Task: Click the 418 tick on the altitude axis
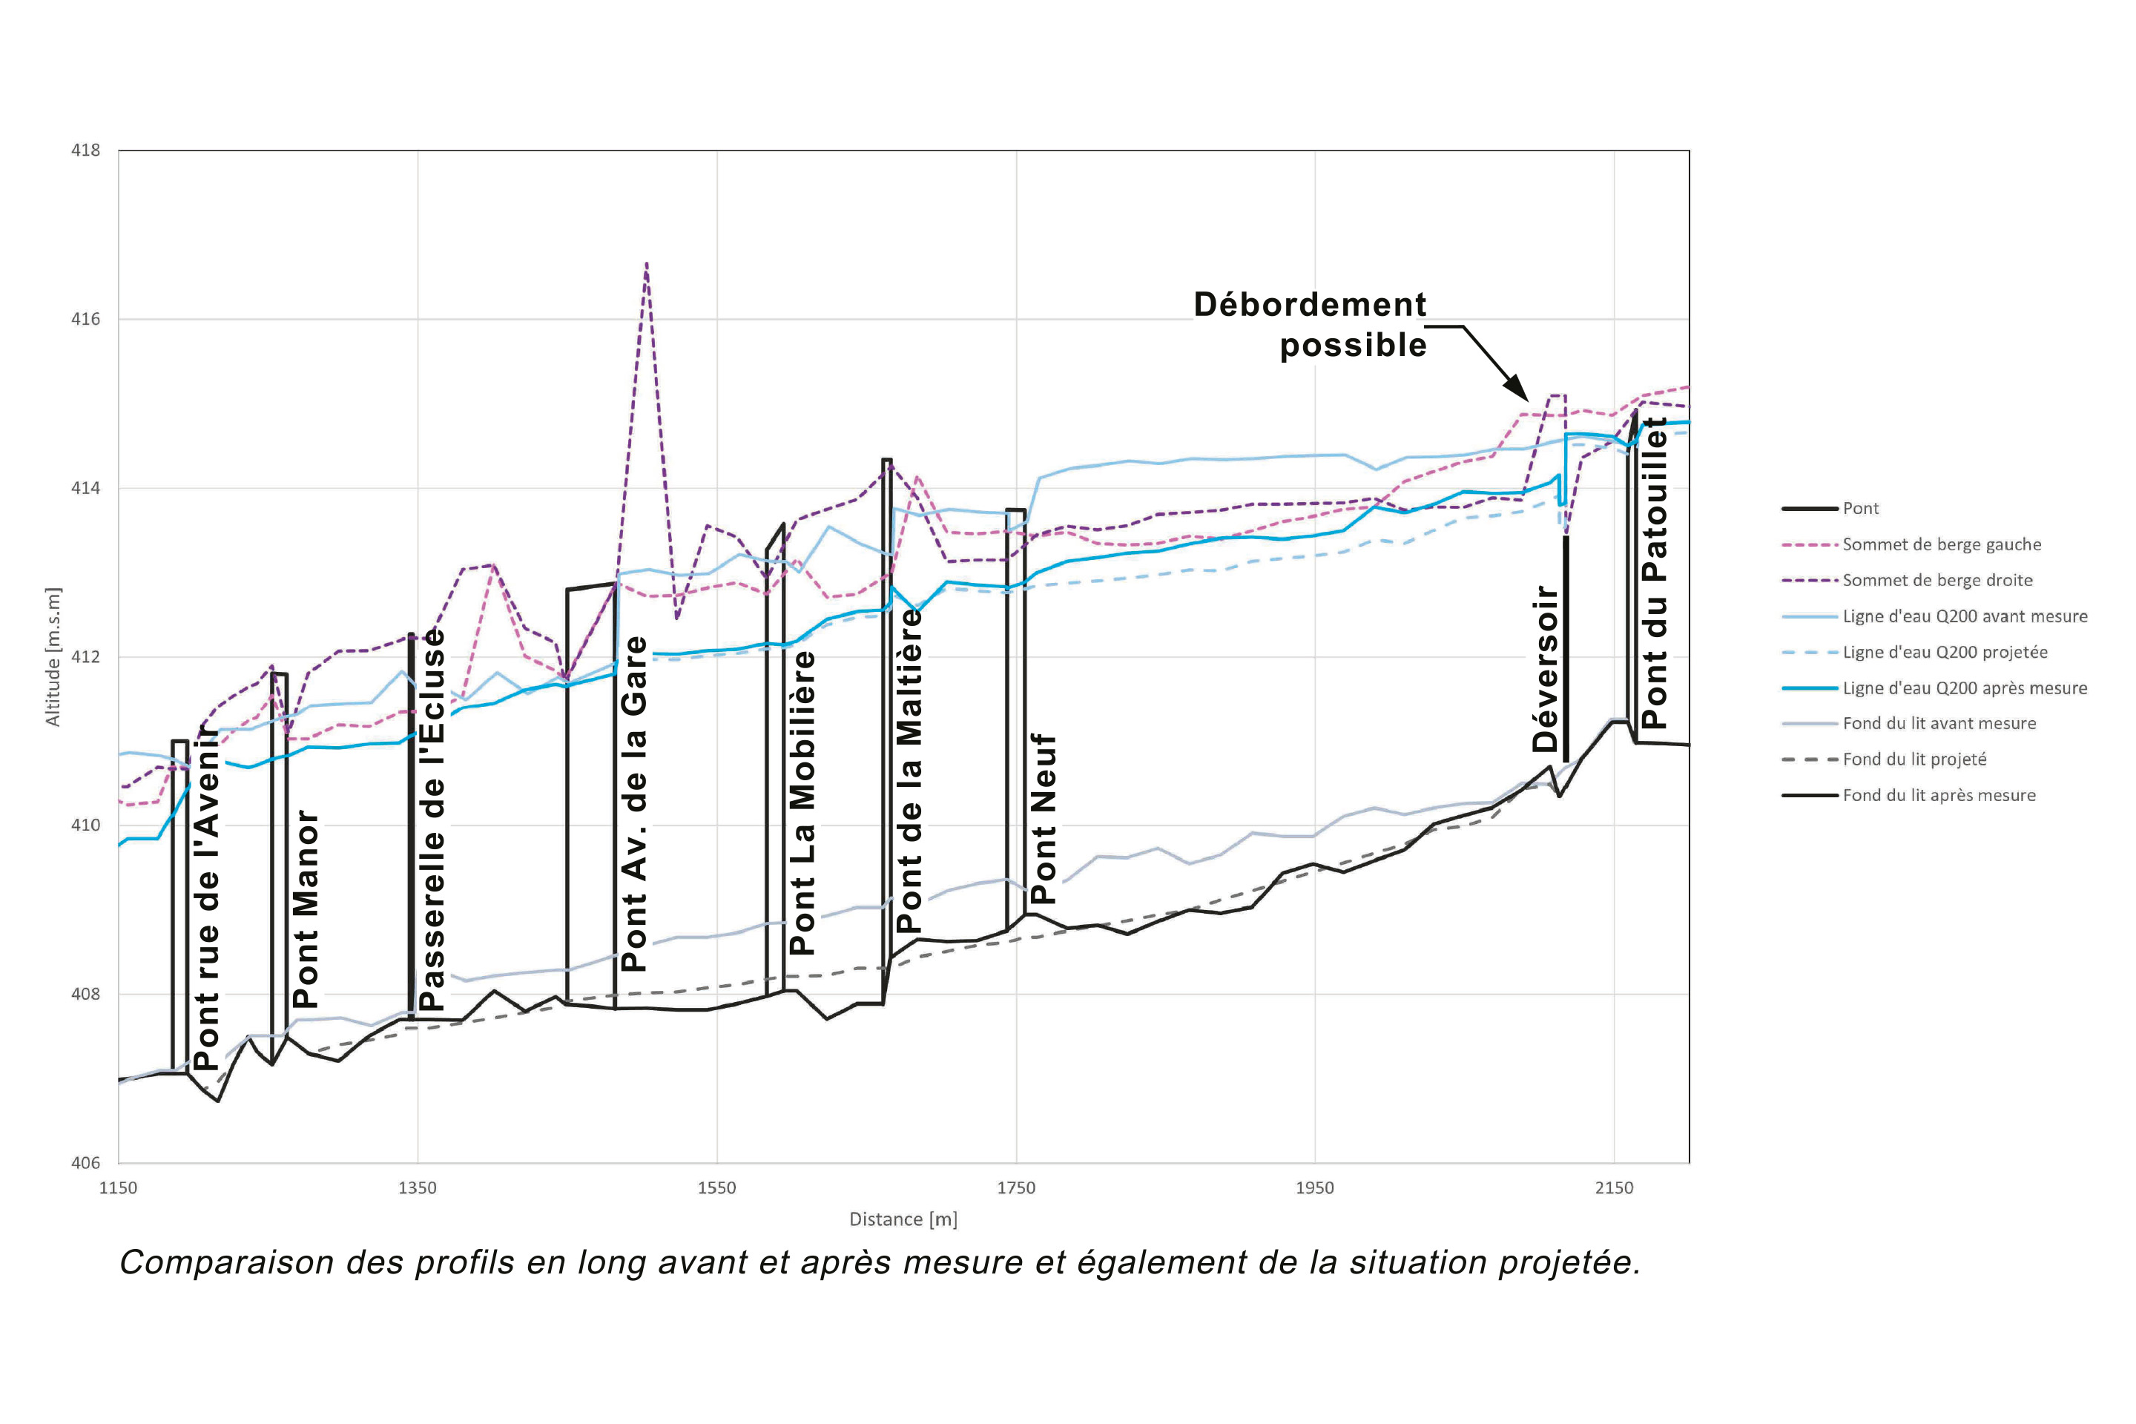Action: click(85, 151)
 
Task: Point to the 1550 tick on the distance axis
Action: click(716, 1188)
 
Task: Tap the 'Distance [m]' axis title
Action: click(903, 1219)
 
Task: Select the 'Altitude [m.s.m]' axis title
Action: click(53, 656)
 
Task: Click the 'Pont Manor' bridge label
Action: click(306, 908)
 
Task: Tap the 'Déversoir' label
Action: click(1545, 669)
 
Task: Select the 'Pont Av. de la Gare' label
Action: click(634, 804)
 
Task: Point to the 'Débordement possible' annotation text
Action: click(1310, 324)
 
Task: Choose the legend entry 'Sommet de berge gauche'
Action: click(1941, 544)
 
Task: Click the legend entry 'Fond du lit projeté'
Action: click(1913, 759)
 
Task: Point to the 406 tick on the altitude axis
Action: click(85, 1162)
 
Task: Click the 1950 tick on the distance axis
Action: click(1315, 1188)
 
